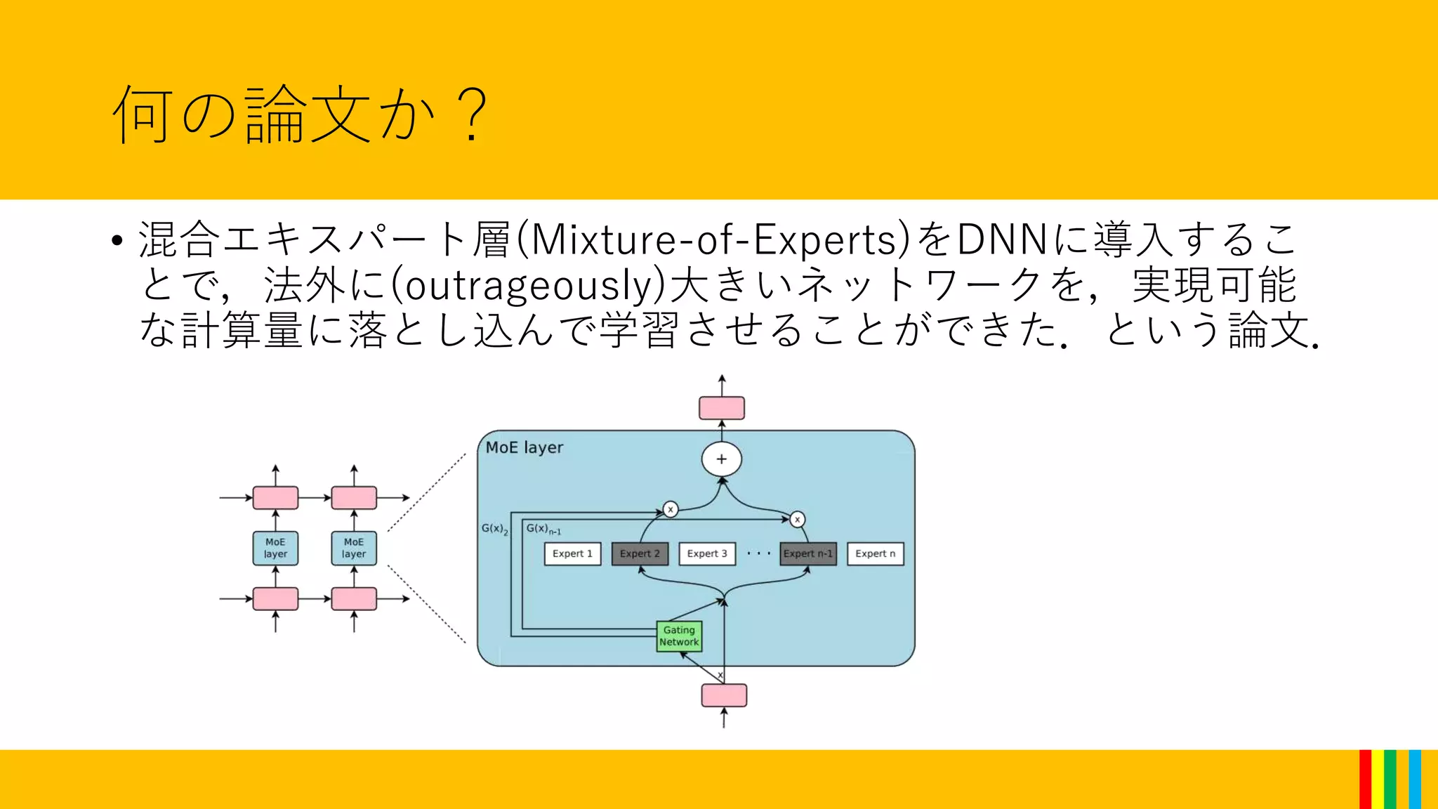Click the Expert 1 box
[572, 553]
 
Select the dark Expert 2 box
[640, 553]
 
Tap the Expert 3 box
[707, 553]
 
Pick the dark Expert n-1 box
[808, 553]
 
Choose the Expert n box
[875, 553]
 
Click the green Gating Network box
[679, 636]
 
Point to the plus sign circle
[721, 459]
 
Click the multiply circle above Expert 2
[671, 509]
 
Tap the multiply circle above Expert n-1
[797, 519]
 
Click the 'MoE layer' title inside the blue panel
[525, 447]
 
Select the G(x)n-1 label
[543, 529]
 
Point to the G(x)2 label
[494, 529]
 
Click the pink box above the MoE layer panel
[721, 408]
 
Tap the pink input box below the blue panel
[724, 695]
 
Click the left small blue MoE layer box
[275, 548]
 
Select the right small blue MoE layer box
[354, 548]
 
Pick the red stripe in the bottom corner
[1365, 780]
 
